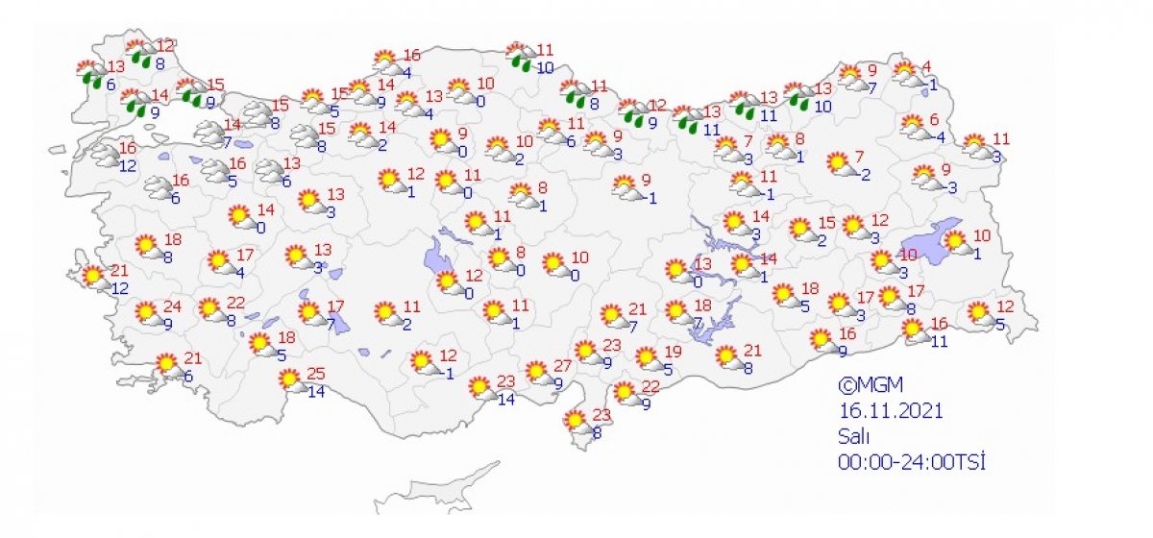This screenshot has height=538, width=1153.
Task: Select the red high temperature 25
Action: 314,374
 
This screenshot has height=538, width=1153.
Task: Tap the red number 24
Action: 172,307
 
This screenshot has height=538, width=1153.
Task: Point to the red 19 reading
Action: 673,352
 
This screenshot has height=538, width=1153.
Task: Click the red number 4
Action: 927,66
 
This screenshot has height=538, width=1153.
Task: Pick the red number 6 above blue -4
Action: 933,120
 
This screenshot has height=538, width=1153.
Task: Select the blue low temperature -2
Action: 863,174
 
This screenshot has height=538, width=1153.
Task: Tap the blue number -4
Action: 938,136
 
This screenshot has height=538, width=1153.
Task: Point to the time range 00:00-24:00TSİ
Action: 913,461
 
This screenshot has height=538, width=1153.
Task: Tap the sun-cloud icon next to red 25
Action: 289,381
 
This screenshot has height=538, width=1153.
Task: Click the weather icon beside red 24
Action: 147,314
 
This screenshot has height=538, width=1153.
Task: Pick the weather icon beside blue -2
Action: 841,164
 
